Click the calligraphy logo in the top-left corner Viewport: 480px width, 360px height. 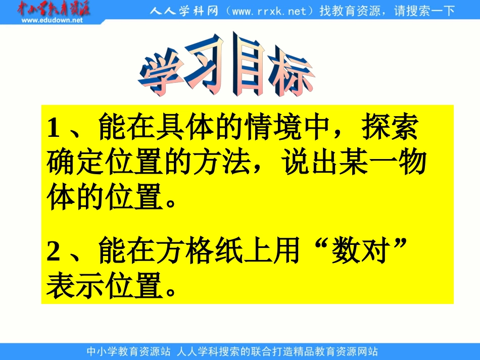(x=53, y=9)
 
